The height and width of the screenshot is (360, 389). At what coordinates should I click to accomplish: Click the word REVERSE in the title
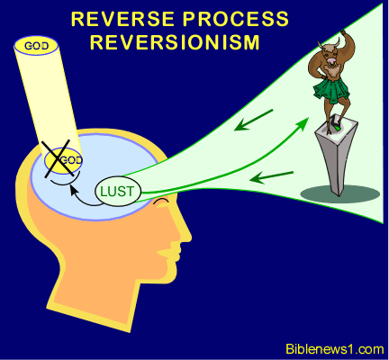[122, 19]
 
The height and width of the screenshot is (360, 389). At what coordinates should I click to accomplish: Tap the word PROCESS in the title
[236, 19]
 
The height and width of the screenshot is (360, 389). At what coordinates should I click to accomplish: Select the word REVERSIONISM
[175, 42]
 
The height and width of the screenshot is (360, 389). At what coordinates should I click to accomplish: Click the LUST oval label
[118, 192]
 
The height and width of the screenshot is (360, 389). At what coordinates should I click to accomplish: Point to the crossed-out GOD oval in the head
[63, 159]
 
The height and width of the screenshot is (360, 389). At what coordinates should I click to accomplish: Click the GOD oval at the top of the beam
[36, 46]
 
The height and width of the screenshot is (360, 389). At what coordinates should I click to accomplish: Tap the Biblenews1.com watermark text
[334, 349]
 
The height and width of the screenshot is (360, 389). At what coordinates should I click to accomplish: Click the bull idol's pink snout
[332, 61]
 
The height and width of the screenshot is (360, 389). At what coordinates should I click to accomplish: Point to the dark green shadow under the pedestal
[340, 194]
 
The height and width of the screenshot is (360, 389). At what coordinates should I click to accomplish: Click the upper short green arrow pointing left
[253, 121]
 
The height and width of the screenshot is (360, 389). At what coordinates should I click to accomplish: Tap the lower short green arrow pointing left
[271, 177]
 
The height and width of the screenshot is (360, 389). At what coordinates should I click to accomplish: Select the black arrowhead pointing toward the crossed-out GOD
[72, 190]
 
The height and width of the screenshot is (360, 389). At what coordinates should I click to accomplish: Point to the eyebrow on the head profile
[161, 202]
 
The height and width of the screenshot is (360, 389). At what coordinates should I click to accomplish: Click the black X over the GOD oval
[58, 158]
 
